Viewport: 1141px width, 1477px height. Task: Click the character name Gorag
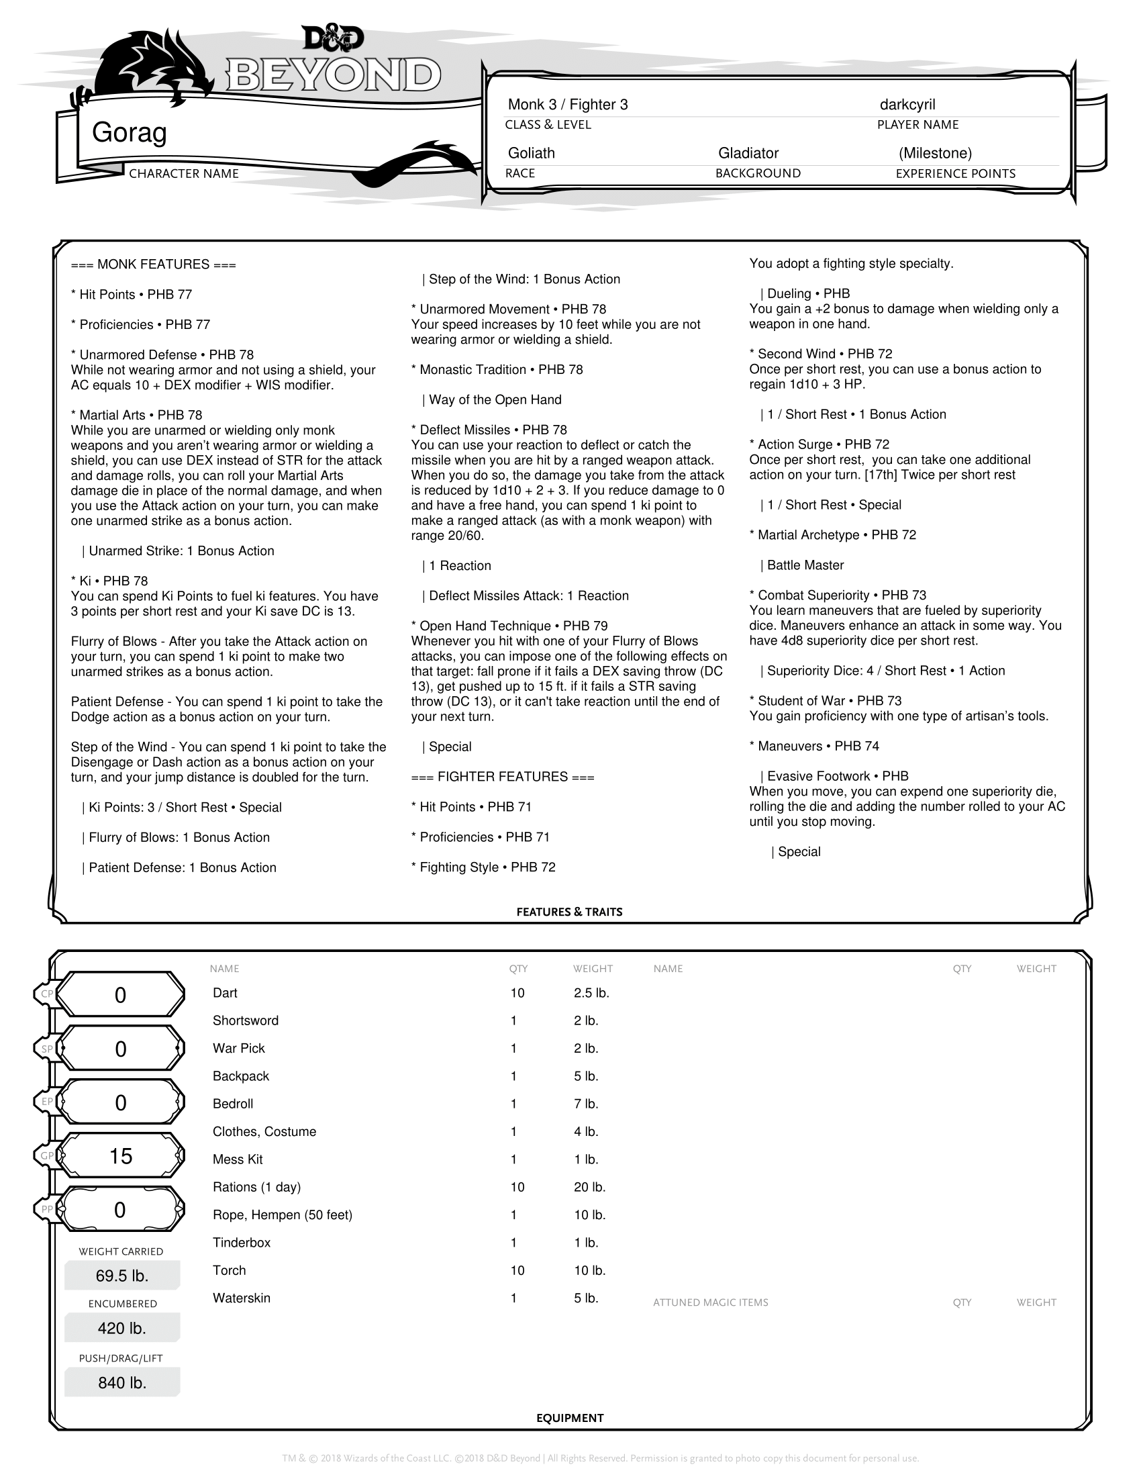[129, 132]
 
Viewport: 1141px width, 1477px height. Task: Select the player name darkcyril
[907, 105]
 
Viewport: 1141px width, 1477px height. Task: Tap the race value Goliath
[532, 154]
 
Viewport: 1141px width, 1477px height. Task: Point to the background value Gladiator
[748, 154]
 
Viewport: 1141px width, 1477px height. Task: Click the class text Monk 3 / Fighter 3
[568, 105]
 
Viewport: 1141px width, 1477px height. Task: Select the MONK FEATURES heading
[154, 265]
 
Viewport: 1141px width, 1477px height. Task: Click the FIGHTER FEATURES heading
[502, 777]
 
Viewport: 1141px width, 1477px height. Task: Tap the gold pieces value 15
[121, 1157]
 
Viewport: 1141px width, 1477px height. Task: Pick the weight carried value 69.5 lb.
[121, 1276]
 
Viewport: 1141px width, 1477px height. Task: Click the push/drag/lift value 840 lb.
[121, 1383]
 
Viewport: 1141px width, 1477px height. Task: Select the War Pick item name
[239, 1049]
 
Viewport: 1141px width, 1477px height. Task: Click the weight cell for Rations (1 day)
[589, 1188]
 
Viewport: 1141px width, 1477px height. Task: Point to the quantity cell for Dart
[517, 994]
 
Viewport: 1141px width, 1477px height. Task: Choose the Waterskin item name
[242, 1298]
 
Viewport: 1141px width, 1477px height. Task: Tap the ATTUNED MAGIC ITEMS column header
[710, 1302]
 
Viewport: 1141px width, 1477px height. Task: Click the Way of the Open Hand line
[494, 400]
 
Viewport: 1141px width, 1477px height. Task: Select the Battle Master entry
[804, 565]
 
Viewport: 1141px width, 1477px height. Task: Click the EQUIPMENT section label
[569, 1418]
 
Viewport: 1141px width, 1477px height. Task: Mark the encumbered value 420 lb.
[121, 1329]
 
